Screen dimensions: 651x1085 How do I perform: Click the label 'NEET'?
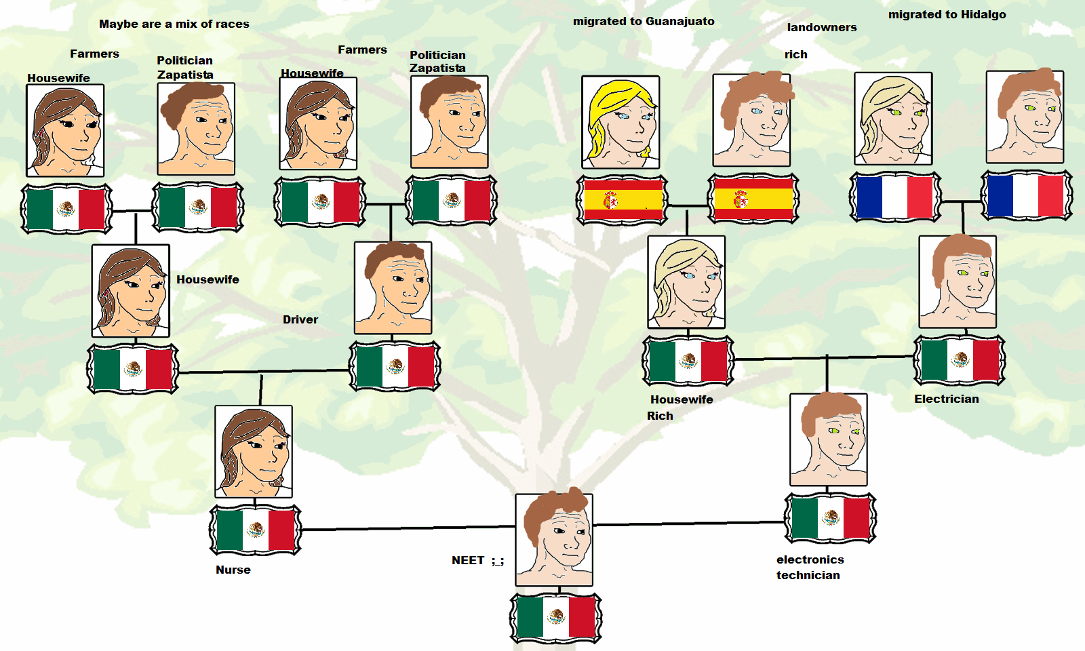(468, 560)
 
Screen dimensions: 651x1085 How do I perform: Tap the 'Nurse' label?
(233, 570)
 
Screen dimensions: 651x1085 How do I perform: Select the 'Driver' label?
(300, 319)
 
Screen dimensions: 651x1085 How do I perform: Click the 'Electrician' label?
(946, 399)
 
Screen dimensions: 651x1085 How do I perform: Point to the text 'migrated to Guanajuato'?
(644, 21)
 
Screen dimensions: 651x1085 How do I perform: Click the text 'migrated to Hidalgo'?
(947, 14)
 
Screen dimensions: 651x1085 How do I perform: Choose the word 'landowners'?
(821, 27)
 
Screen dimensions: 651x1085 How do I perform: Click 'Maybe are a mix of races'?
(174, 24)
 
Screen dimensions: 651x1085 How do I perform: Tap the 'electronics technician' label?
(810, 567)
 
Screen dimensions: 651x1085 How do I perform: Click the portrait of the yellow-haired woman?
(620, 122)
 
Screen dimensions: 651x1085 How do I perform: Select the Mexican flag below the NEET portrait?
(556, 618)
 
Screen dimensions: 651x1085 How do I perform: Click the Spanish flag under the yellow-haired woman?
(622, 200)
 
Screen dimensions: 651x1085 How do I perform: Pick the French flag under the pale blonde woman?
(895, 197)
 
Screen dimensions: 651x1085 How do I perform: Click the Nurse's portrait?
(254, 452)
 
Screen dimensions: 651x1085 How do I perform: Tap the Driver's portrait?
(393, 288)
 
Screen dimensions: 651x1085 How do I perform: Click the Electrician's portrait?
(958, 282)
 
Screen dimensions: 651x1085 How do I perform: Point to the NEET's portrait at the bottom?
(554, 540)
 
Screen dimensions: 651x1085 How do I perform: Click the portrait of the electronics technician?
(829, 439)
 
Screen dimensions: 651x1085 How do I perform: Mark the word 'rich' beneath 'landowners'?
(796, 54)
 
